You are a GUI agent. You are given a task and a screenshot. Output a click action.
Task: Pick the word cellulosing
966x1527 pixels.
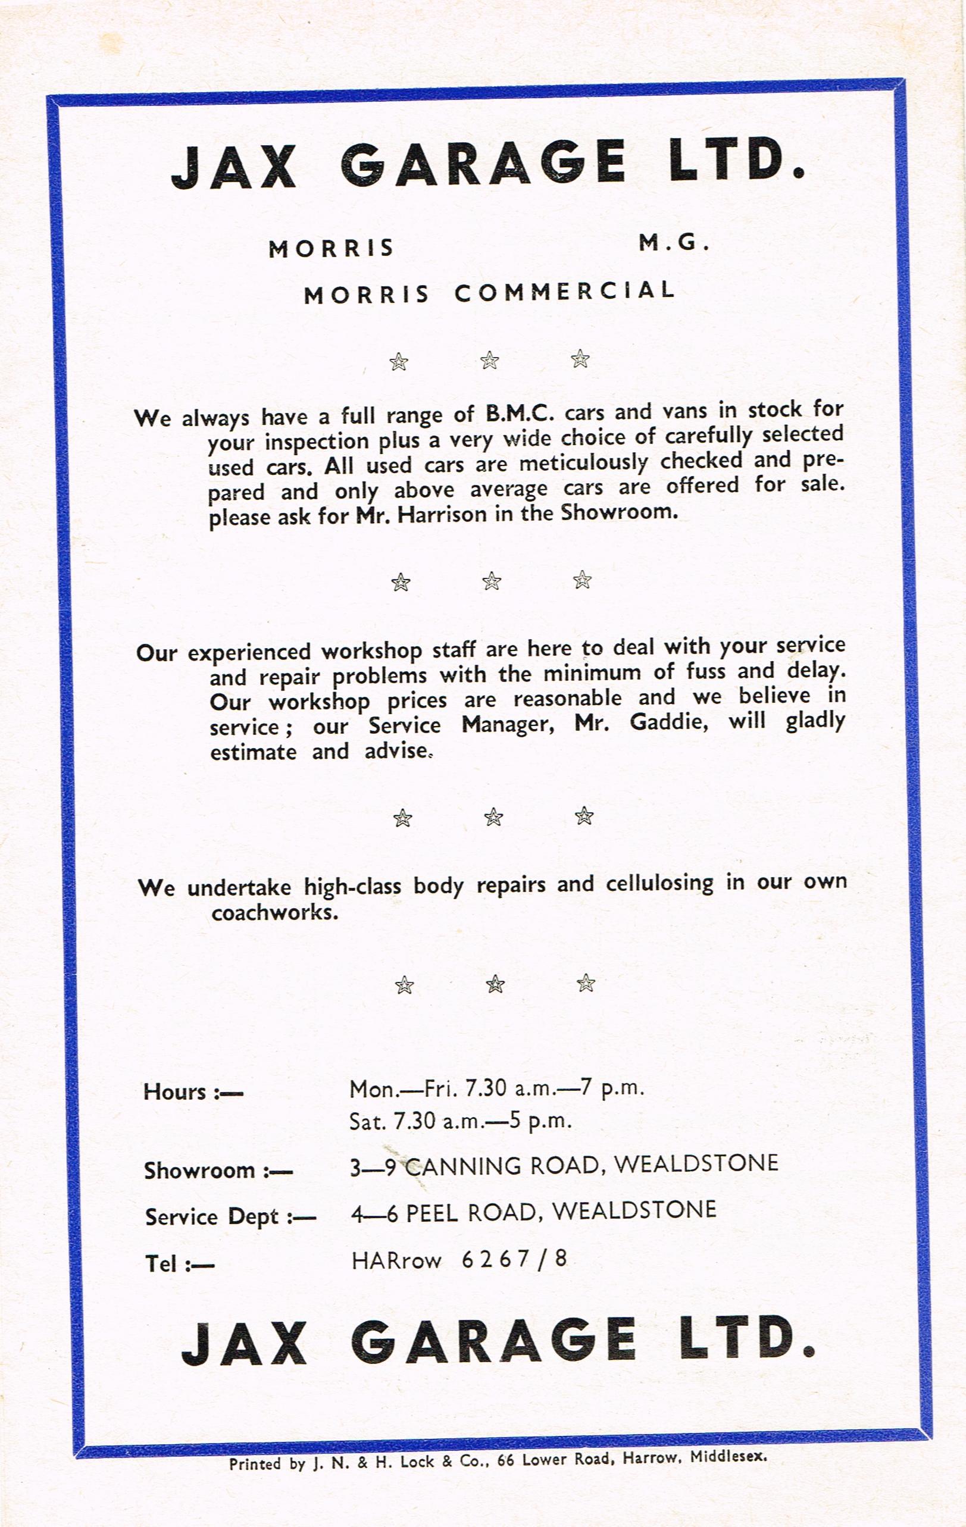659,883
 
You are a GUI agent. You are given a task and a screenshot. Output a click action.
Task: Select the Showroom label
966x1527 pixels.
218,1170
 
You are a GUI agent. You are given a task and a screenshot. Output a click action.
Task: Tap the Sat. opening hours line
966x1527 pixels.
461,1122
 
